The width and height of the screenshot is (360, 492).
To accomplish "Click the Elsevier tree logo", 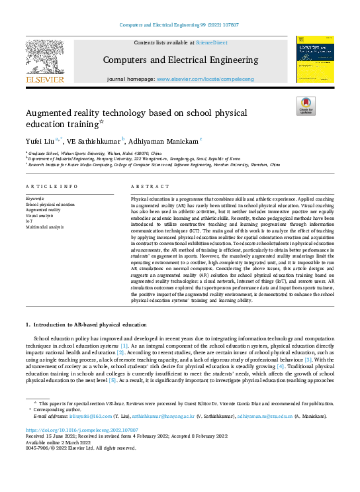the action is (x=45, y=59).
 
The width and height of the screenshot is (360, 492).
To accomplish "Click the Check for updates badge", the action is (x=306, y=106).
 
